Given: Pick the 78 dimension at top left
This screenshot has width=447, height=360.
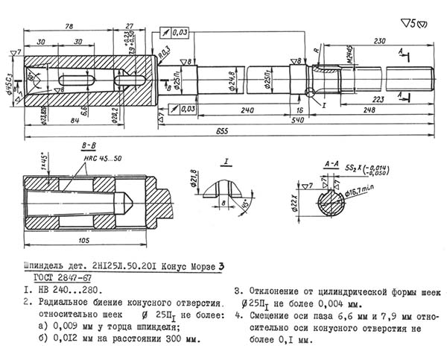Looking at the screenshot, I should click(69, 28).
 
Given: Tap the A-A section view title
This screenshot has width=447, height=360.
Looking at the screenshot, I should click(333, 162).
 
